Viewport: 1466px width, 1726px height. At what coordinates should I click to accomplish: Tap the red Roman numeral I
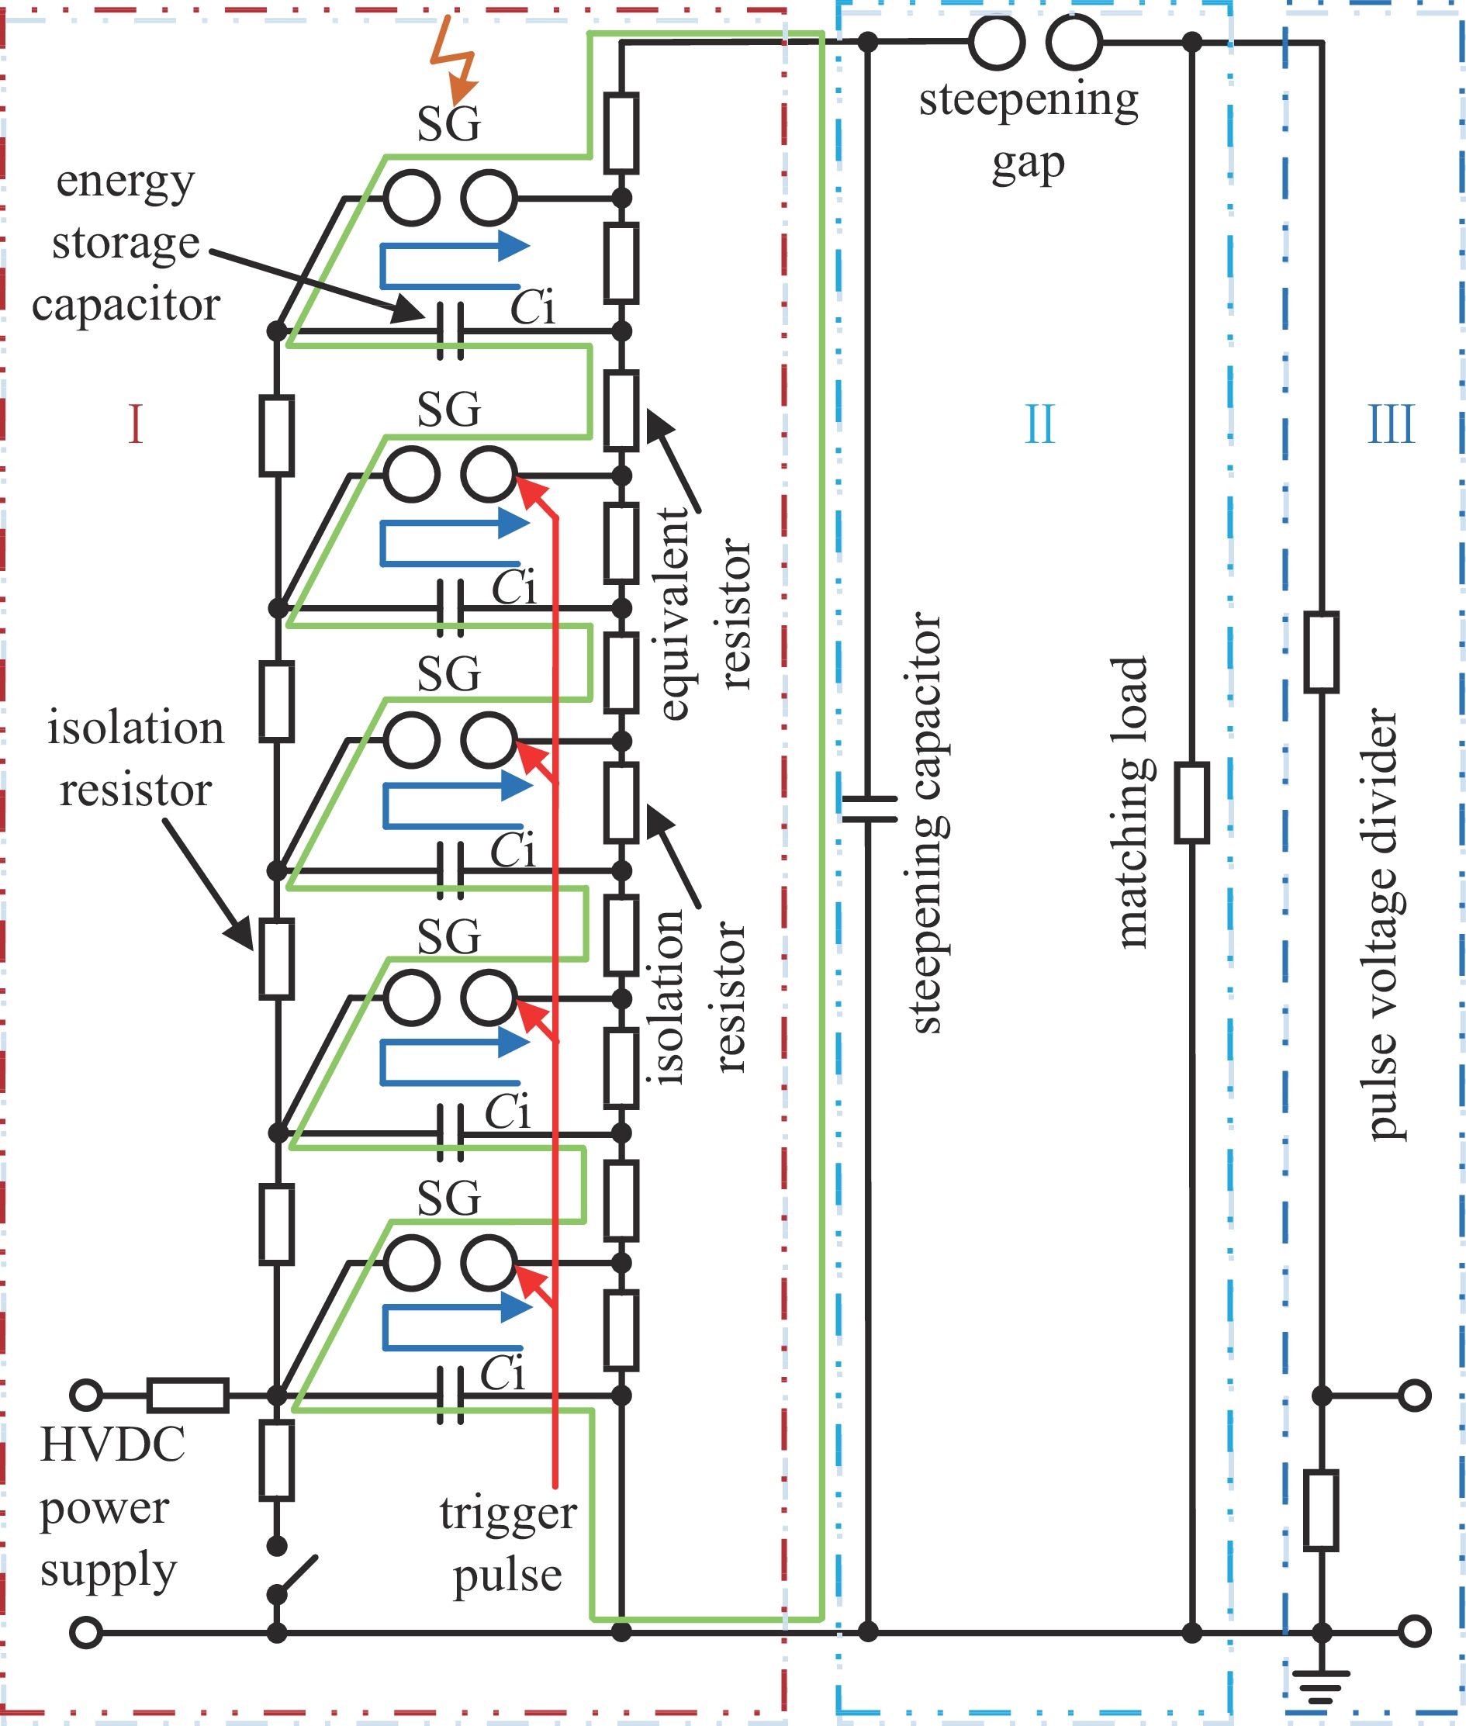coord(136,424)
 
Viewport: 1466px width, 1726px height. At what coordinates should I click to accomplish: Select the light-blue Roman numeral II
coord(1039,424)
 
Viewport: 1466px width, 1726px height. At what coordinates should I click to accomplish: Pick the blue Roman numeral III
coord(1390,424)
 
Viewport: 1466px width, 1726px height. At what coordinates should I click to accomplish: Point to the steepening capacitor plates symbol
coord(869,808)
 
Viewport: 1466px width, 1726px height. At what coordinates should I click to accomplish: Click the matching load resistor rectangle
coord(1191,803)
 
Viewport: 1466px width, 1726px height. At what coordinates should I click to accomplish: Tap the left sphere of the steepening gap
coord(997,42)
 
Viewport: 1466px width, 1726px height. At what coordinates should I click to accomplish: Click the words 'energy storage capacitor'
coord(126,243)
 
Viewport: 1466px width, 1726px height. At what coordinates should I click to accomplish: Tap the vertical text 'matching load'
coord(1130,803)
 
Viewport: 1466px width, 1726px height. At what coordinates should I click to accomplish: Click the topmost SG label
coord(449,124)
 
